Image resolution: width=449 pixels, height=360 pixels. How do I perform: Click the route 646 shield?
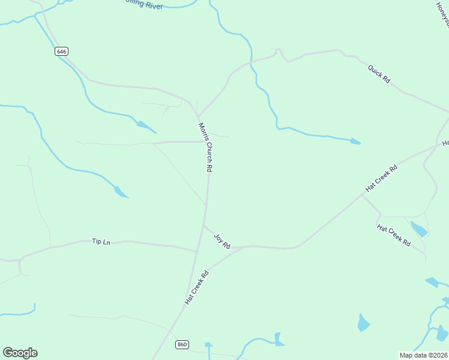tap(61, 52)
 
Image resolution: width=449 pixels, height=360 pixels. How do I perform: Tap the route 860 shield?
tap(182, 344)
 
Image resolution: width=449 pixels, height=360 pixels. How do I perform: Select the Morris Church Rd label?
tap(206, 148)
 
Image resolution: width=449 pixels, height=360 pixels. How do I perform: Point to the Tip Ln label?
tap(101, 241)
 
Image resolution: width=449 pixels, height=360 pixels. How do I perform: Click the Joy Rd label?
tap(222, 241)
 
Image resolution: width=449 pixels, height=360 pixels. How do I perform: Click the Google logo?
tap(20, 353)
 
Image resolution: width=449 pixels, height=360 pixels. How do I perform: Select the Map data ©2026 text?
tap(423, 355)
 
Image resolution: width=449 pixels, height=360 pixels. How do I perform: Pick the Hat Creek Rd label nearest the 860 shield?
tap(196, 287)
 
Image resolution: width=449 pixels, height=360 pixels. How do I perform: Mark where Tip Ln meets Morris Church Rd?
tap(196, 251)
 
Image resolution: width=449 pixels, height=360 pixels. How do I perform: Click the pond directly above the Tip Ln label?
tap(121, 192)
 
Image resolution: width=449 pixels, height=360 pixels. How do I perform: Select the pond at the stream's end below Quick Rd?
tap(355, 142)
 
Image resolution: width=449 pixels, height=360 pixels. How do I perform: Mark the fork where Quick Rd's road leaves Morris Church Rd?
tap(197, 116)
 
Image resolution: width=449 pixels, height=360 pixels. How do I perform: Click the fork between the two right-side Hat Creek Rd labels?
tap(362, 195)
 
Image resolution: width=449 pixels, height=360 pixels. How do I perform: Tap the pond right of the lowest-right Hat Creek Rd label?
tap(419, 229)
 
